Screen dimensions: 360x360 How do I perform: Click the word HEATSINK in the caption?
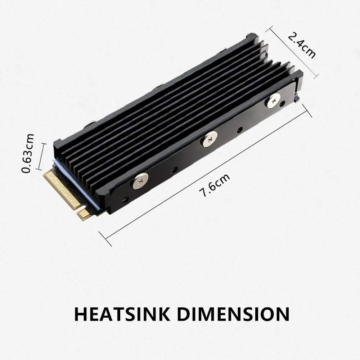click(122, 314)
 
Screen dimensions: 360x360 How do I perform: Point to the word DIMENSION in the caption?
click(234, 314)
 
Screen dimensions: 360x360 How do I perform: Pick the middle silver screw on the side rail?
click(210, 139)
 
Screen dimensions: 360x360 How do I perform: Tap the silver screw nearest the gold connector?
click(140, 181)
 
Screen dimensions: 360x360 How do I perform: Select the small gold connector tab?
click(84, 214)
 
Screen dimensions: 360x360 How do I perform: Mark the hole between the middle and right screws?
click(239, 130)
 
